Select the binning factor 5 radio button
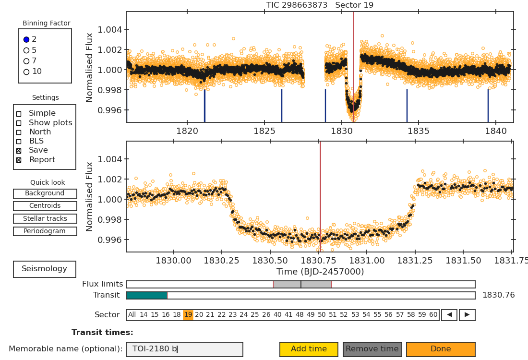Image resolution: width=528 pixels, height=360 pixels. click(26, 50)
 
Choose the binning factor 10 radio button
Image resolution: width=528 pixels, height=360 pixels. click(26, 72)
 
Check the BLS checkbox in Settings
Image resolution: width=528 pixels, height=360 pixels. click(19, 142)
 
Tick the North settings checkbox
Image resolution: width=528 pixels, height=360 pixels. click(19, 132)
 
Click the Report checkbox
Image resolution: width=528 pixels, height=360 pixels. click(19, 160)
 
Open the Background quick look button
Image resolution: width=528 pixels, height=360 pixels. click(45, 193)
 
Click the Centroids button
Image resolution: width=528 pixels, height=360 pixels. click(45, 206)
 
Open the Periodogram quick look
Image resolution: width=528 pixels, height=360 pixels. click(45, 231)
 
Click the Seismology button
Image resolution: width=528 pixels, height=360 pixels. click(44, 269)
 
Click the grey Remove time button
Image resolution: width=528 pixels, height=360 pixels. click(372, 349)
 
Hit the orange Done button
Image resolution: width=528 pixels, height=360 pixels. click(441, 349)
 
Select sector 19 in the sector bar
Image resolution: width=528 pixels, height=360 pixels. click(188, 315)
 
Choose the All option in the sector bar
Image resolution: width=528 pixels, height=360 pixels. click(132, 315)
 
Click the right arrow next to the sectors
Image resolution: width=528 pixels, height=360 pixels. click(467, 315)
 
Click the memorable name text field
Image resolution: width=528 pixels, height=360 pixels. click(184, 349)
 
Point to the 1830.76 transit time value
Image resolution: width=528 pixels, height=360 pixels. click(498, 295)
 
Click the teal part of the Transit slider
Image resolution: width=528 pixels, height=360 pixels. click(147, 296)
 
